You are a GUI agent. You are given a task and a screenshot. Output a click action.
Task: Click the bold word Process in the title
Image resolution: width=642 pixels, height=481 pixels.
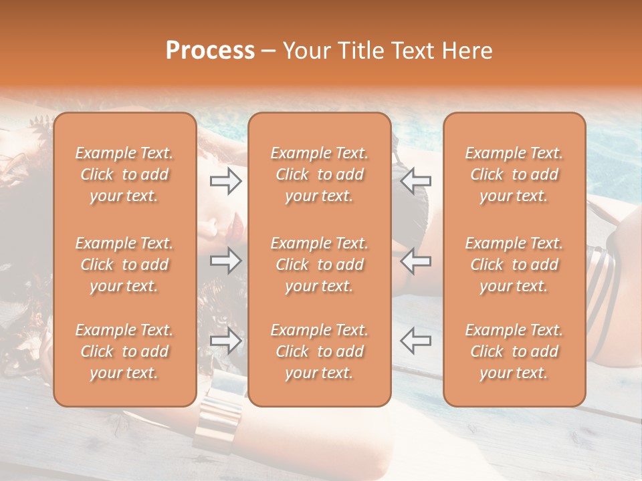pyautogui.click(x=210, y=51)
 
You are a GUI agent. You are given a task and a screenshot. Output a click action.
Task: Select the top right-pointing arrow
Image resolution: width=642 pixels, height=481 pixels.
pyautogui.click(x=225, y=180)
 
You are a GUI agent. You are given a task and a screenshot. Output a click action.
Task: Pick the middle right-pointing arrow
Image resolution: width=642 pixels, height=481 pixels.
pyautogui.click(x=225, y=261)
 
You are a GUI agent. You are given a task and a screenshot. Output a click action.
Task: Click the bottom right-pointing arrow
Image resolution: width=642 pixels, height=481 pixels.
pyautogui.click(x=225, y=341)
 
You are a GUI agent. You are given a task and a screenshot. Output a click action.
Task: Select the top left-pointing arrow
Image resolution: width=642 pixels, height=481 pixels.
pyautogui.click(x=415, y=180)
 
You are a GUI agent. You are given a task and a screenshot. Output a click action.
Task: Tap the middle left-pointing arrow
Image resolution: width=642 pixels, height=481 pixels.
pyautogui.click(x=415, y=261)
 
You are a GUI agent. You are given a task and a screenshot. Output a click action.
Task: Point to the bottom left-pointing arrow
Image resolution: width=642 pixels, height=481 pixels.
pyautogui.click(x=415, y=341)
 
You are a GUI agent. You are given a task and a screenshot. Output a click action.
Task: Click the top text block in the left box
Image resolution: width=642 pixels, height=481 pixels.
pyautogui.click(x=124, y=174)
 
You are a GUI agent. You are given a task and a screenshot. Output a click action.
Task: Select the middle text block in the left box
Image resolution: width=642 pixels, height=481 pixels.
pyautogui.click(x=124, y=265)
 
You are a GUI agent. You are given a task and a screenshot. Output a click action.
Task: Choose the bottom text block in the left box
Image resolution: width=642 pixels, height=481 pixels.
pyautogui.click(x=124, y=351)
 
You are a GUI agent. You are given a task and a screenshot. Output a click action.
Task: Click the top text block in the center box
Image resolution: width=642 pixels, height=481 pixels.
pyautogui.click(x=320, y=174)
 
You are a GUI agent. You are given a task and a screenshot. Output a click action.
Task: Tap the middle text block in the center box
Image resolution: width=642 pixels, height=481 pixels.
pyautogui.click(x=320, y=265)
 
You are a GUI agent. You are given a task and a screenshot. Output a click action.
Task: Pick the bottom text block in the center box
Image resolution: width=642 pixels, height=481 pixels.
pyautogui.click(x=320, y=351)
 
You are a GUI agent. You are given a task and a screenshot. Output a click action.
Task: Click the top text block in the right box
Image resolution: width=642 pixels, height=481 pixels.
pyautogui.click(x=514, y=174)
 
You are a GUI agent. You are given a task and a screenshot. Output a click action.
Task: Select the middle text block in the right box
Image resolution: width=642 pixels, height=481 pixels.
pyautogui.click(x=514, y=265)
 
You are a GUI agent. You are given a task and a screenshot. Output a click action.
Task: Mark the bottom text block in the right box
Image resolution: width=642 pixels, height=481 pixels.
pyautogui.click(x=514, y=351)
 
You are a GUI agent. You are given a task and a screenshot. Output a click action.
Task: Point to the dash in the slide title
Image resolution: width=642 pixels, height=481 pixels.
pyautogui.click(x=269, y=51)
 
